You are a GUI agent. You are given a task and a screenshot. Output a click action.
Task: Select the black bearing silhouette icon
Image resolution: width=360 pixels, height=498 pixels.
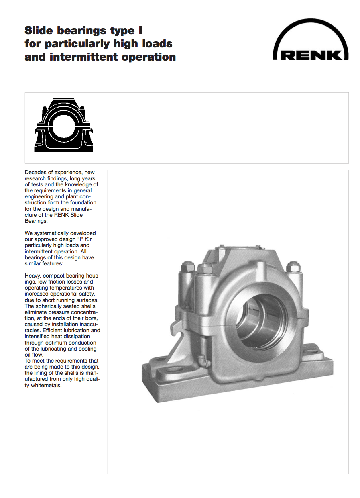(64, 125)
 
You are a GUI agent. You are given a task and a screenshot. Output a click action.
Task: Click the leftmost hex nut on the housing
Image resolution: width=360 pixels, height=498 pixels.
(187, 267)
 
